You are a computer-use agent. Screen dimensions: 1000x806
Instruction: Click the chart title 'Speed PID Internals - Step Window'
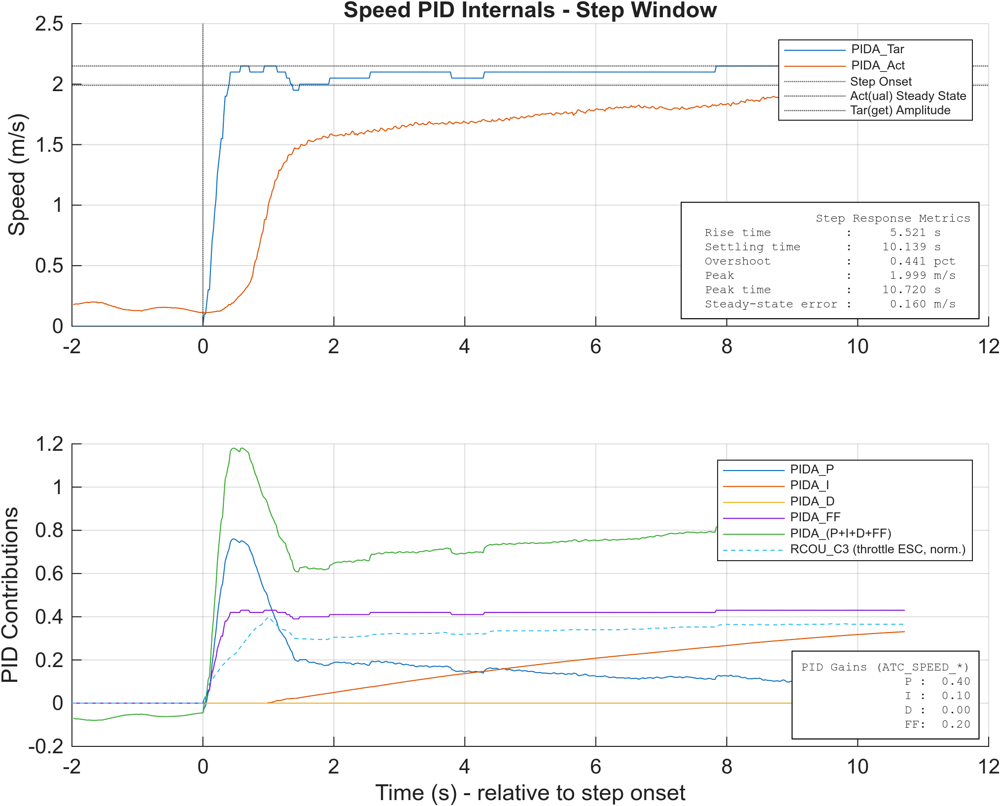(x=530, y=10)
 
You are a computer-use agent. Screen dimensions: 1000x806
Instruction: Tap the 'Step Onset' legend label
(x=881, y=82)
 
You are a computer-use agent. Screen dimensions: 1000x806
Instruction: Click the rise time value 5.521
(x=908, y=233)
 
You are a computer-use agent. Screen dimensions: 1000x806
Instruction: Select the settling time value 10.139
(x=904, y=247)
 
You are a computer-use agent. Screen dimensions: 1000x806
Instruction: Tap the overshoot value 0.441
(x=908, y=261)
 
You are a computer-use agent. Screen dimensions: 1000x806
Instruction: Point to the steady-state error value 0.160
(x=908, y=304)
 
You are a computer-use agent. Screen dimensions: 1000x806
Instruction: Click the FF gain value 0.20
(x=956, y=724)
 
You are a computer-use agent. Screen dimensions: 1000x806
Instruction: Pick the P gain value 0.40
(x=956, y=681)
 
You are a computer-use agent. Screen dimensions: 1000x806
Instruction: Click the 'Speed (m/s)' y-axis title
(x=17, y=174)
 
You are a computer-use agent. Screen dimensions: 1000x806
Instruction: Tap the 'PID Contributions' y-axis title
(x=10, y=595)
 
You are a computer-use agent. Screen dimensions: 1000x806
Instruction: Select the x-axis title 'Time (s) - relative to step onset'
(x=530, y=793)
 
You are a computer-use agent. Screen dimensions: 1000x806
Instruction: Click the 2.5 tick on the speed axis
(x=49, y=24)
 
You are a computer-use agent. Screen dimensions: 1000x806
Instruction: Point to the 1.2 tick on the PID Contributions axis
(x=49, y=444)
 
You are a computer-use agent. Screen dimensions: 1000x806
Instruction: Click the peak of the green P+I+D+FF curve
(x=234, y=448)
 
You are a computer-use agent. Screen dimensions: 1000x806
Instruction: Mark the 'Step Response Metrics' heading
(x=893, y=218)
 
